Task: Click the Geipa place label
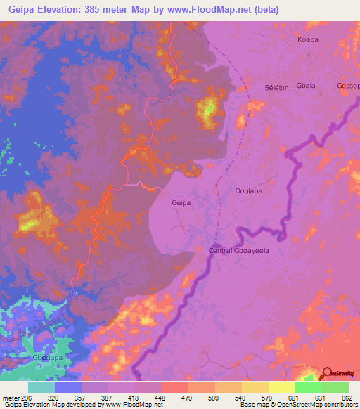181,202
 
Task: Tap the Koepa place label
308,40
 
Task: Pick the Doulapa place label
249,190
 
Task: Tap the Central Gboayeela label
239,250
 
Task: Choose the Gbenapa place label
47,357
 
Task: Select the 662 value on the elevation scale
345,397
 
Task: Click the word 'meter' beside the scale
11,397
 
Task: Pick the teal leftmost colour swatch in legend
41,387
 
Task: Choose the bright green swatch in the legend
335,387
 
